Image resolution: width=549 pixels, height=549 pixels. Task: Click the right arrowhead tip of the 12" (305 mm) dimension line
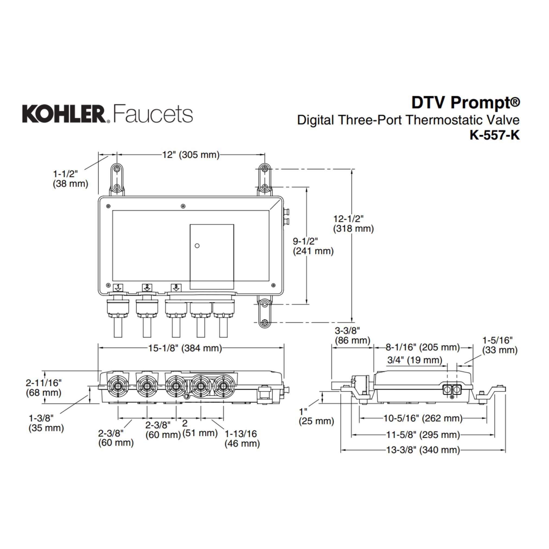click(265, 155)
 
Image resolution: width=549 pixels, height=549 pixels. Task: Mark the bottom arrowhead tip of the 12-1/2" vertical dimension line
click(352, 322)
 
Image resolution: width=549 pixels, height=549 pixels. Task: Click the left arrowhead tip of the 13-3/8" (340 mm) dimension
click(341, 450)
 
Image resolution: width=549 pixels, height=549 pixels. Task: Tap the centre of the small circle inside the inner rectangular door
click(197, 245)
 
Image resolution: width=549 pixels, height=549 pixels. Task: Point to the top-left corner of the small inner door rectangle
click(190, 225)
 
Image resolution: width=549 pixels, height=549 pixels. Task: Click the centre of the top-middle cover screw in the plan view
click(183, 206)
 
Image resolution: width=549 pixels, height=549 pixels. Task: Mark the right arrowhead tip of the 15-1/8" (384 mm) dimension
click(284, 348)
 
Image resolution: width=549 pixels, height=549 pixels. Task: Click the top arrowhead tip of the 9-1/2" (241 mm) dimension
click(307, 187)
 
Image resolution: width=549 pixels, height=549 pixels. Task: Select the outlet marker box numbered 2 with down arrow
click(147, 287)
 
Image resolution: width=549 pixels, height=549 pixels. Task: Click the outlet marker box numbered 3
click(176, 287)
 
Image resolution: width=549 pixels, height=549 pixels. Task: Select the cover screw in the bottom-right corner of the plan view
click(273, 285)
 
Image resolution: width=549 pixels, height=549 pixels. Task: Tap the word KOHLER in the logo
click(64, 114)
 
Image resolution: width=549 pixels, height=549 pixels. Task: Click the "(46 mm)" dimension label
click(242, 443)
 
